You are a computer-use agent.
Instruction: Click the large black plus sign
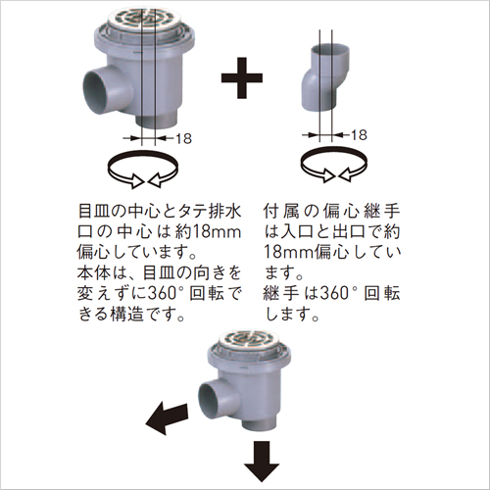pyautogui.click(x=242, y=77)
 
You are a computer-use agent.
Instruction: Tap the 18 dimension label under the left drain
pyautogui.click(x=183, y=139)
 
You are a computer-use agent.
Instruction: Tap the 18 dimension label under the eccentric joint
pyautogui.click(x=359, y=135)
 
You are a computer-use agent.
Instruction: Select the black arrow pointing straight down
pyautogui.click(x=262, y=462)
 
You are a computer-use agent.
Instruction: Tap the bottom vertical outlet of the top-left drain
pyautogui.click(x=157, y=122)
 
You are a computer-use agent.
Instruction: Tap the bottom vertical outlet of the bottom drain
pyautogui.click(x=260, y=424)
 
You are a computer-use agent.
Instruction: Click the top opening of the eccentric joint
pyautogui.click(x=329, y=51)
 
